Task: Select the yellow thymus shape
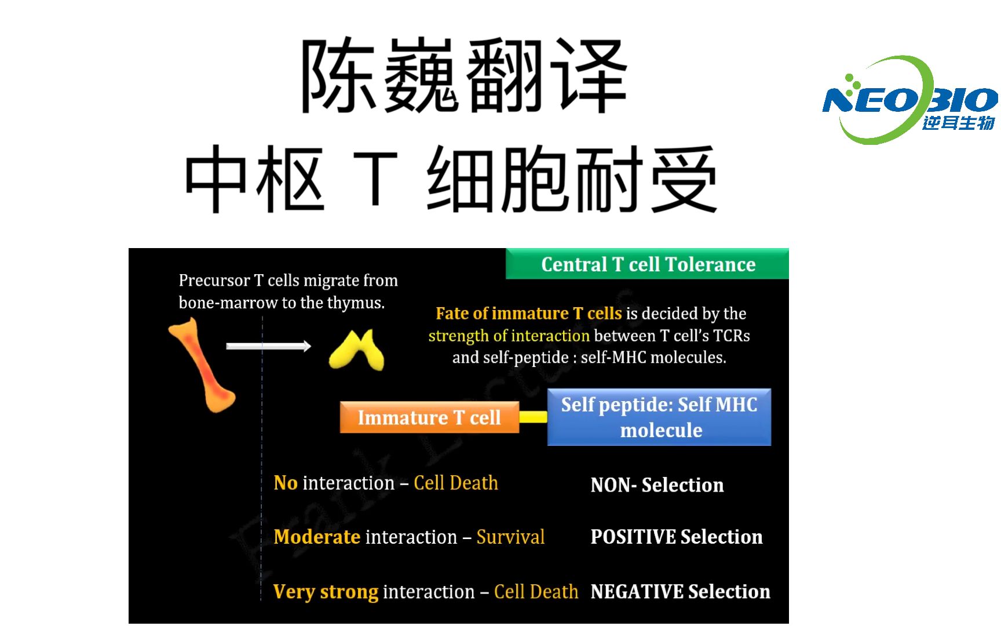(x=356, y=350)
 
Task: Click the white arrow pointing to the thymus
(x=268, y=346)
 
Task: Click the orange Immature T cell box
(x=429, y=417)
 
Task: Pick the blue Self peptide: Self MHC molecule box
(x=659, y=417)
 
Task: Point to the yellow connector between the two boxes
(x=533, y=417)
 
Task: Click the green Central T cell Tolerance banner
(x=647, y=264)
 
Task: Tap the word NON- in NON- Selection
(x=613, y=485)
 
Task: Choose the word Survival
(x=510, y=537)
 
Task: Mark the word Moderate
(x=317, y=537)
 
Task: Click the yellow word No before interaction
(x=286, y=483)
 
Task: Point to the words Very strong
(x=326, y=592)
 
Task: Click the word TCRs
(x=731, y=336)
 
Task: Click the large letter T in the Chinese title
(x=375, y=179)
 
